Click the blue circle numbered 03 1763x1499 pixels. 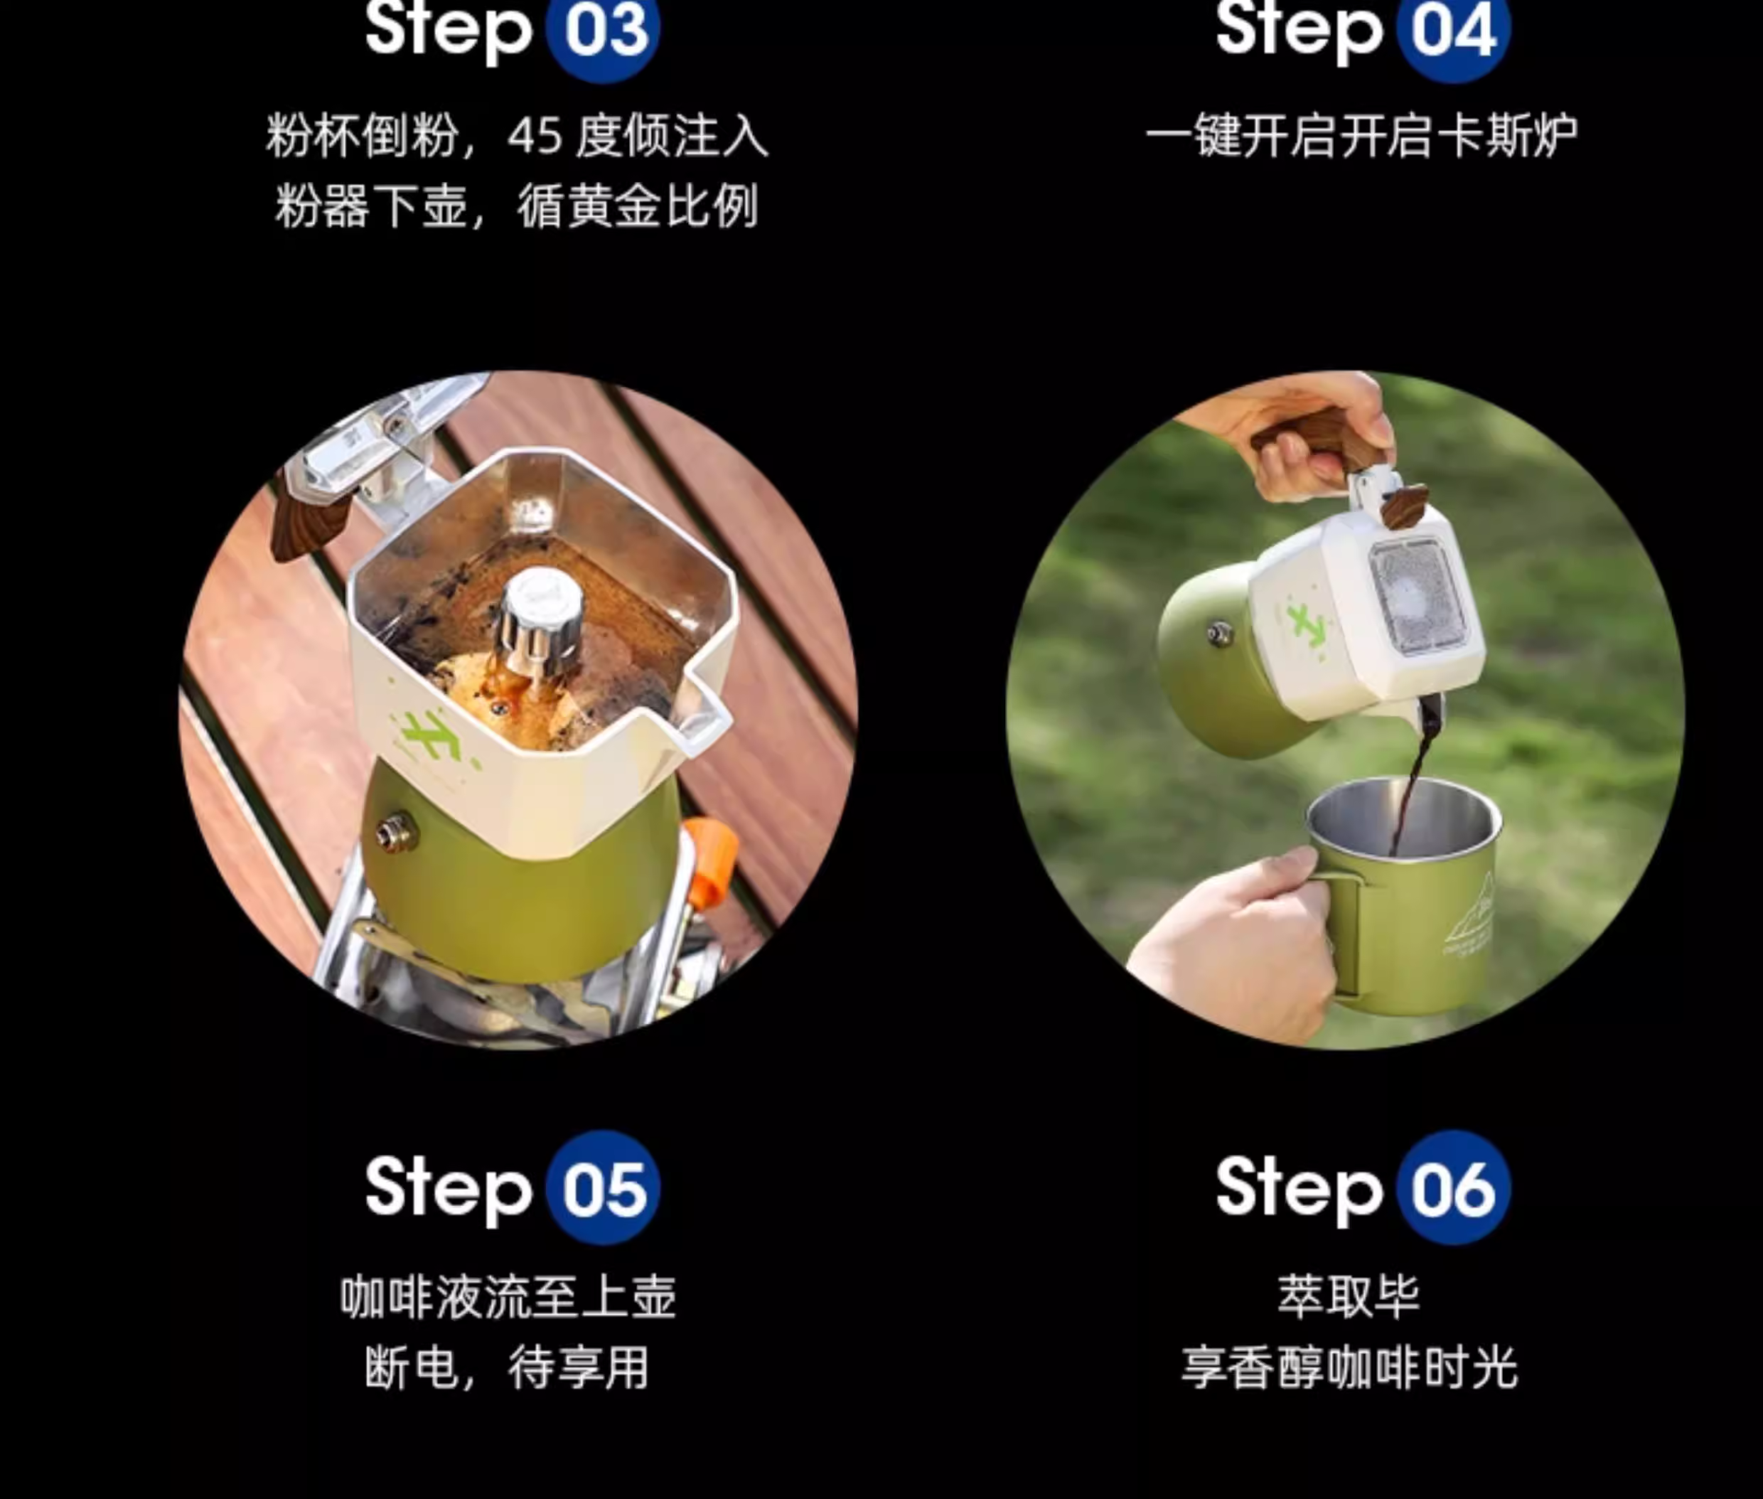pos(602,32)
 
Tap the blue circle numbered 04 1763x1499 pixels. pos(1454,32)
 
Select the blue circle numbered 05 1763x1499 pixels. pos(602,1188)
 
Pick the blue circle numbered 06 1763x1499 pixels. pos(1454,1188)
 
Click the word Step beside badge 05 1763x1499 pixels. pos(449,1190)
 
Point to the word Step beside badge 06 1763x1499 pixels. pos(1300,1190)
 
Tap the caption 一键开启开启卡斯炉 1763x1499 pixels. pos(1362,136)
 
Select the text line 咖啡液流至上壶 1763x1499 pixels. pos(508,1297)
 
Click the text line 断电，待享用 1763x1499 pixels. pos(508,1367)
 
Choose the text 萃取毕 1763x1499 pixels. pos(1349,1297)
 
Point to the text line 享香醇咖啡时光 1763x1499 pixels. pos(1349,1367)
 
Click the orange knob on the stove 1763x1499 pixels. pos(710,858)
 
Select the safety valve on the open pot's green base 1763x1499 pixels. pos(396,833)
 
